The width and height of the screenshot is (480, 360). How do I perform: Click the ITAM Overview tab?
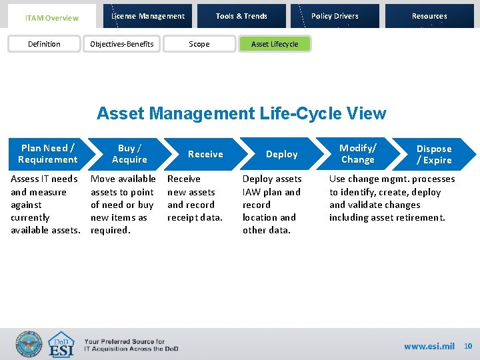click(x=51, y=17)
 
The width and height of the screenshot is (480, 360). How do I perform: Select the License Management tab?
click(x=148, y=16)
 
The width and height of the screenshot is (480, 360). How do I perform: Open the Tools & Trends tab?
click(x=241, y=16)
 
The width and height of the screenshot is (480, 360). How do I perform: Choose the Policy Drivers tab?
click(x=335, y=16)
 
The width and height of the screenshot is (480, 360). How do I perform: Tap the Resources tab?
click(x=429, y=16)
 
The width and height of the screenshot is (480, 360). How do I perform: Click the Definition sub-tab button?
click(x=44, y=44)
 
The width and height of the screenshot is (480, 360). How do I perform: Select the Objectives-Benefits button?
click(x=122, y=44)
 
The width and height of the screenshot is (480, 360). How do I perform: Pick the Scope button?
click(x=199, y=44)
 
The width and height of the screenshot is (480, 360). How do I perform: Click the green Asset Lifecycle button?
click(x=275, y=44)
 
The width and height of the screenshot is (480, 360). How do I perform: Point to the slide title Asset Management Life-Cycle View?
click(x=241, y=113)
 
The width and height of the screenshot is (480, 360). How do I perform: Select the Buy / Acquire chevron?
click(x=129, y=154)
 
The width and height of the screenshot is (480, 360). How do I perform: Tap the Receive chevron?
click(x=205, y=154)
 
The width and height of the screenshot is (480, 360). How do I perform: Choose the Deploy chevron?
click(x=281, y=154)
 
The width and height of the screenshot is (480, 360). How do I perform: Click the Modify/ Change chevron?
click(x=358, y=154)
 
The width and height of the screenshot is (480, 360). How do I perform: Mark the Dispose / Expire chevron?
click(x=434, y=154)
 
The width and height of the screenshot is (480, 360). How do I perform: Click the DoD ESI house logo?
click(x=61, y=345)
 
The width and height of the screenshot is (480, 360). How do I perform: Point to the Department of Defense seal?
click(x=29, y=345)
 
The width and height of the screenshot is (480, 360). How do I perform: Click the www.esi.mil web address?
click(x=429, y=346)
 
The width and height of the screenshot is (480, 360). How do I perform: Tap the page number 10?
click(x=468, y=346)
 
